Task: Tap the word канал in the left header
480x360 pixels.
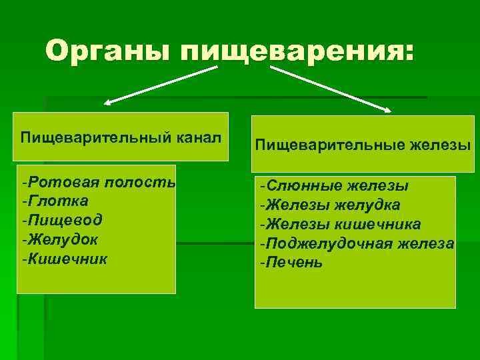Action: coord(198,138)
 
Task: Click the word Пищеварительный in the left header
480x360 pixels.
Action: coord(97,138)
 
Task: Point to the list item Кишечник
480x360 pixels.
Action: coord(63,257)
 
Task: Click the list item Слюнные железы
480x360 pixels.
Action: coord(334,187)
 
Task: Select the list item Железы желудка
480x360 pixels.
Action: coord(330,205)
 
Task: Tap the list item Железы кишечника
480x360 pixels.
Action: coord(340,224)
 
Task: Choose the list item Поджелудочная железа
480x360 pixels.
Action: coord(357,243)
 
